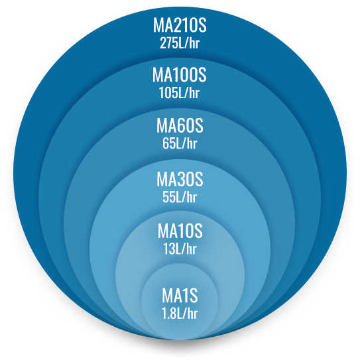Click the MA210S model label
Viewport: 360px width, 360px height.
click(180, 25)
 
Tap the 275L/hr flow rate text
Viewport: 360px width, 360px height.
click(180, 43)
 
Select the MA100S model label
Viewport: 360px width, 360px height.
click(180, 75)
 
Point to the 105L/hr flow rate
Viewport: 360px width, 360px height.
click(179, 93)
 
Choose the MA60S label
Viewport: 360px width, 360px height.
click(180, 125)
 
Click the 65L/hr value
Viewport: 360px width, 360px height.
click(180, 143)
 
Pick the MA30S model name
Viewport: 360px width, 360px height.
click(180, 179)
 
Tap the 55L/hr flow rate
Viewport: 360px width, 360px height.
click(180, 197)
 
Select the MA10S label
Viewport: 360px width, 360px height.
click(180, 231)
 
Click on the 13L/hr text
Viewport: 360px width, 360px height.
click(180, 249)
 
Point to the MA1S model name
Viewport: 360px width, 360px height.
click(180, 296)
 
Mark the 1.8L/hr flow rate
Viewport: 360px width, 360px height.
click(180, 314)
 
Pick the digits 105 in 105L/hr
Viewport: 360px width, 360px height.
click(167, 93)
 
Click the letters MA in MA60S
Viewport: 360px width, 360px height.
click(166, 125)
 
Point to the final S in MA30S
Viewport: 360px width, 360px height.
click(198, 179)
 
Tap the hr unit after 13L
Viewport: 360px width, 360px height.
click(192, 249)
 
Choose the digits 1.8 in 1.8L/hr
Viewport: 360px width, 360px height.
click(168, 314)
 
